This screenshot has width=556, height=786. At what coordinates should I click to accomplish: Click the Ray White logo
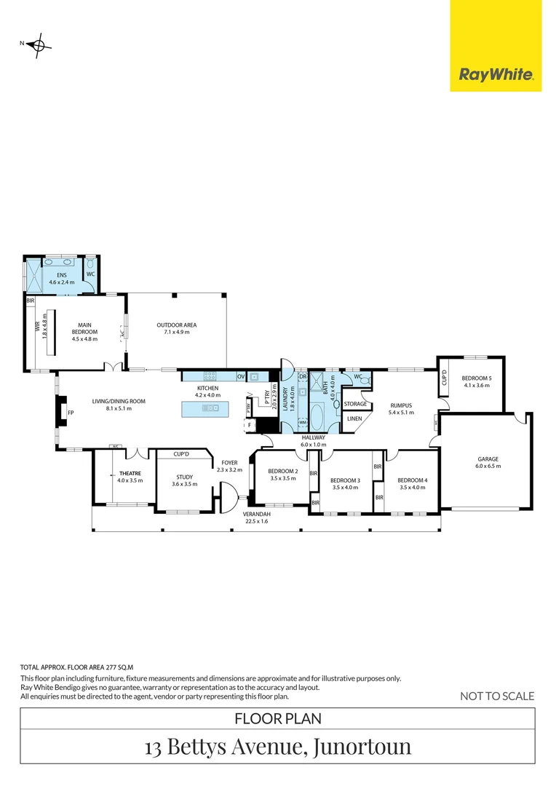[496, 74]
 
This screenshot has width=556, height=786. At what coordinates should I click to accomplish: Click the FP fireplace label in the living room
[71, 413]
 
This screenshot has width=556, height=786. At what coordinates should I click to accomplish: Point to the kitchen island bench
[207, 409]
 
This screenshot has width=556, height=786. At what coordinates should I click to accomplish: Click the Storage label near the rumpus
[355, 404]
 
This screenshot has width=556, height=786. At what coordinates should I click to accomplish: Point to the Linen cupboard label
[354, 419]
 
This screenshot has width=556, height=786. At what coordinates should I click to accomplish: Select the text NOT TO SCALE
[497, 696]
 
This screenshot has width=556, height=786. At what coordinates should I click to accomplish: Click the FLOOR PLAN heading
[277, 719]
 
